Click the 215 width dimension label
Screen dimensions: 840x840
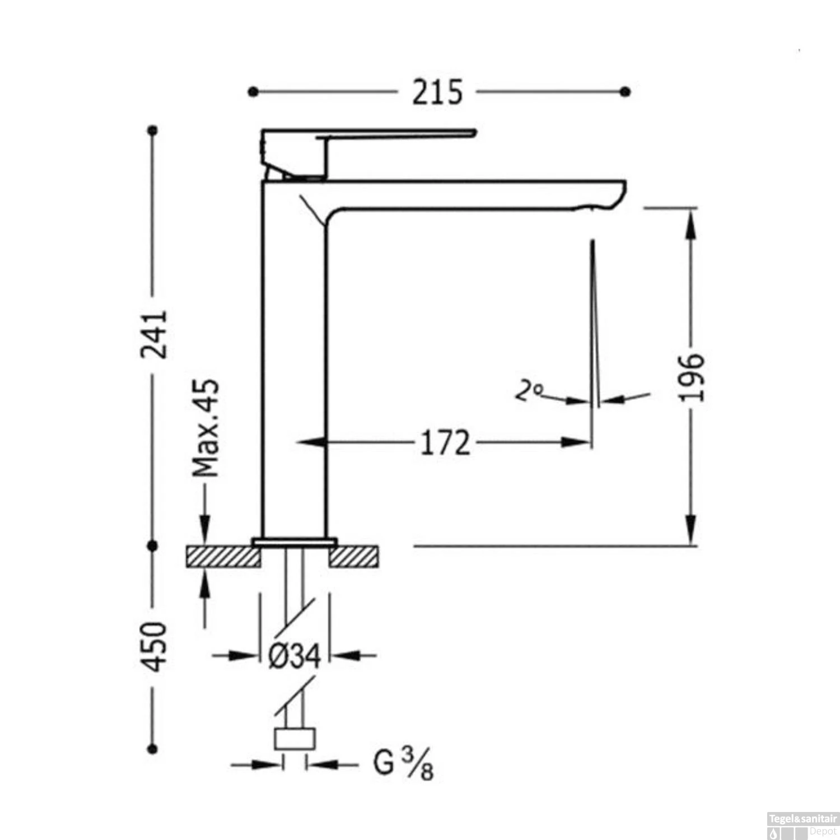(438, 92)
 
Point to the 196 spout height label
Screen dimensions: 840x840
(690, 377)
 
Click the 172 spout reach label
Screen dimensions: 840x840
(446, 443)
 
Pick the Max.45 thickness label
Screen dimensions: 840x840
(206, 428)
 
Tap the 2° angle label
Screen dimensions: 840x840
(529, 390)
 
